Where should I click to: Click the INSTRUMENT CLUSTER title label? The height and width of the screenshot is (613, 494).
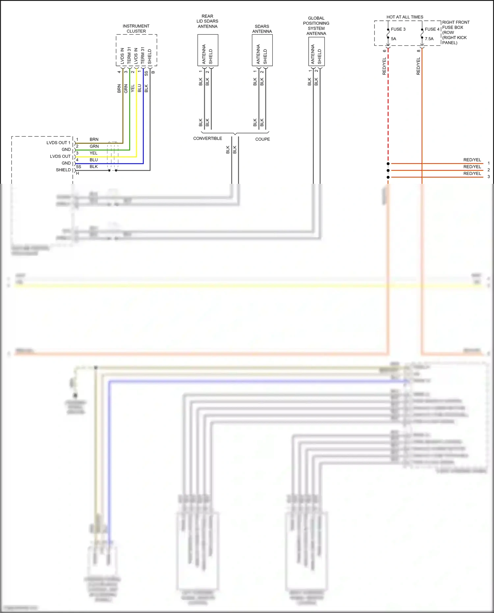click(x=136, y=29)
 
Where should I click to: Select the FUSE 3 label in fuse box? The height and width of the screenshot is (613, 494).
click(x=398, y=29)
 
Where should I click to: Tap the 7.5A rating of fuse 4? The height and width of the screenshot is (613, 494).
click(x=429, y=39)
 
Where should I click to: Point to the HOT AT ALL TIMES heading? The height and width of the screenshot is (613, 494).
click(x=405, y=17)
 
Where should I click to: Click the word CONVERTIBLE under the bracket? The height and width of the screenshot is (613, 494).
click(x=207, y=139)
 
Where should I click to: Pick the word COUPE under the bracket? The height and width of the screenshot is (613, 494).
click(x=262, y=139)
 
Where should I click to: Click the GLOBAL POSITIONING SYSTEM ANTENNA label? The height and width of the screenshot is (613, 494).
click(x=316, y=26)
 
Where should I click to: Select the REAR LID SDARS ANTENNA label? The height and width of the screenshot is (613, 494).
click(x=207, y=21)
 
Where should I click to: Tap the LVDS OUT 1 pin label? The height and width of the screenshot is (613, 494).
click(x=58, y=143)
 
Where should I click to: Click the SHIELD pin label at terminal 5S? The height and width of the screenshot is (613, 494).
click(x=63, y=170)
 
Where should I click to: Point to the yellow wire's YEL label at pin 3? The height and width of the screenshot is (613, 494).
click(x=94, y=153)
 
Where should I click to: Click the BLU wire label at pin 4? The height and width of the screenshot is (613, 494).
click(x=94, y=160)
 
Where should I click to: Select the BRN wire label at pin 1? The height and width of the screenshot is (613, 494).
click(x=94, y=140)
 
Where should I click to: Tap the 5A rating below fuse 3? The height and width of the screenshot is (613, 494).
click(x=394, y=39)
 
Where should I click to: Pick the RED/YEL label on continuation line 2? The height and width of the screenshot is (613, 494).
click(x=472, y=167)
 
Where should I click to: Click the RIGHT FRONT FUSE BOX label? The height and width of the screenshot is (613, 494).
click(x=455, y=32)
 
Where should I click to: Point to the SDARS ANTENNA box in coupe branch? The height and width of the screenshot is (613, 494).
click(x=262, y=50)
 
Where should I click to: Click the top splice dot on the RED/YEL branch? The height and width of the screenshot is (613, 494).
click(x=388, y=164)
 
